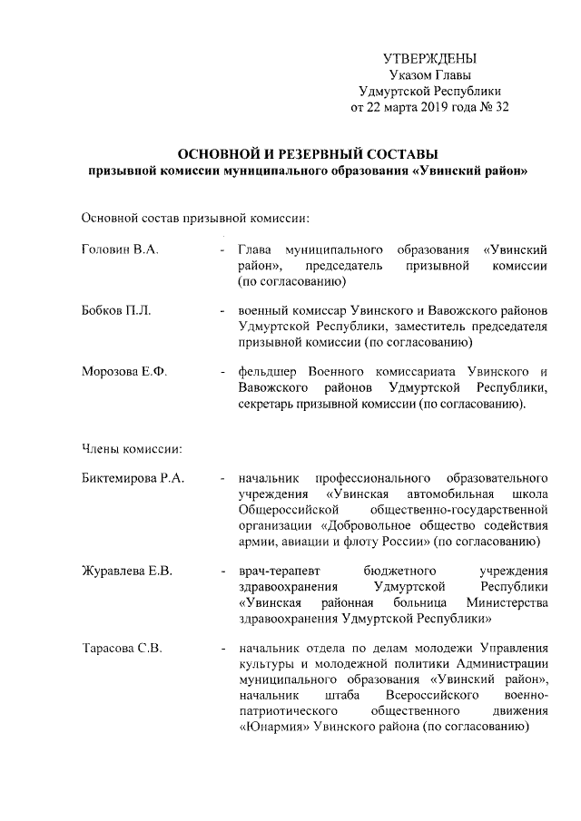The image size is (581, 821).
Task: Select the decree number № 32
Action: tap(491, 107)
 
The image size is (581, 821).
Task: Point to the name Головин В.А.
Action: tap(120, 249)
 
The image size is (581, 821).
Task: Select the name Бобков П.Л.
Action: tap(116, 311)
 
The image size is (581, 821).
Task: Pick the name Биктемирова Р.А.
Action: tap(133, 478)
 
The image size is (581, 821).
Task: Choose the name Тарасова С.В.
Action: tap(123, 649)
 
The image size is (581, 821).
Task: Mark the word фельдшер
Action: tap(267, 373)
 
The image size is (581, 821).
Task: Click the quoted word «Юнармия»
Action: tap(273, 727)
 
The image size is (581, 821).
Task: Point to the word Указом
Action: tap(409, 74)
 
